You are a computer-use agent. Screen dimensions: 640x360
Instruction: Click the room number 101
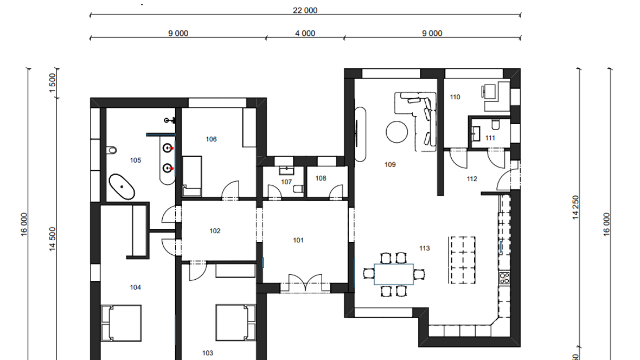tap(298, 240)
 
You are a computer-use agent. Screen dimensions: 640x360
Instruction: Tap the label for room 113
tap(425, 248)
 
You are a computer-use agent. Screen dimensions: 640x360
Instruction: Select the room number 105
tap(136, 160)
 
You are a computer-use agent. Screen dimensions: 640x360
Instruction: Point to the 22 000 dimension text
tap(305, 10)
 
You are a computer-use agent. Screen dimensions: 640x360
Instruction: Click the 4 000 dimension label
tap(305, 34)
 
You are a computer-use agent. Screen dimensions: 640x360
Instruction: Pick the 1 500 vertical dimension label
tap(52, 83)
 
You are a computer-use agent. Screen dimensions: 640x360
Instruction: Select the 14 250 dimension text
tap(575, 207)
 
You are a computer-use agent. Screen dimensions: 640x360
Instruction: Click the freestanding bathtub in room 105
tap(121, 187)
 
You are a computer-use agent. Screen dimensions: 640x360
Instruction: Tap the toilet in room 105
tap(111, 150)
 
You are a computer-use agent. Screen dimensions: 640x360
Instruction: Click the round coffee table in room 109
tap(396, 132)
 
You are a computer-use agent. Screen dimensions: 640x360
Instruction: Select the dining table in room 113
tap(393, 274)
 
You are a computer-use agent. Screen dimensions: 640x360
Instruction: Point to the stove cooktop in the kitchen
tap(504, 278)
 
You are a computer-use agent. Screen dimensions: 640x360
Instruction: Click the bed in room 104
tap(121, 323)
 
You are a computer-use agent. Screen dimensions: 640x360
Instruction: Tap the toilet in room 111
tap(496, 124)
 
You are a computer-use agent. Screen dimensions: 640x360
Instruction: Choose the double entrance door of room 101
tap(305, 283)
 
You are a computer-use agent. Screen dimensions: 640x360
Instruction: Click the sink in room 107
tap(286, 170)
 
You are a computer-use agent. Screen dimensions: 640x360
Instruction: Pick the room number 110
tap(455, 97)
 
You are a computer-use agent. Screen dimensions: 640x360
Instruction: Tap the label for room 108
tap(321, 178)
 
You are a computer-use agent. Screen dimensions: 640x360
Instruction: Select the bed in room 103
tap(236, 323)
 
